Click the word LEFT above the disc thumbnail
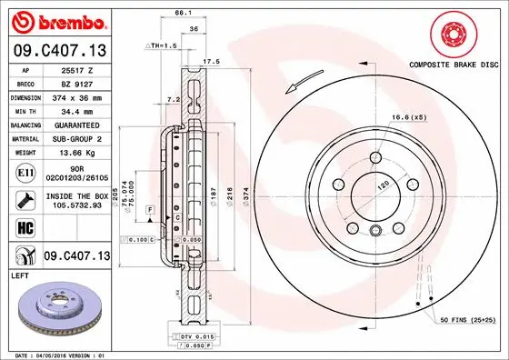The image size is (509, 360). [20, 274]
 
